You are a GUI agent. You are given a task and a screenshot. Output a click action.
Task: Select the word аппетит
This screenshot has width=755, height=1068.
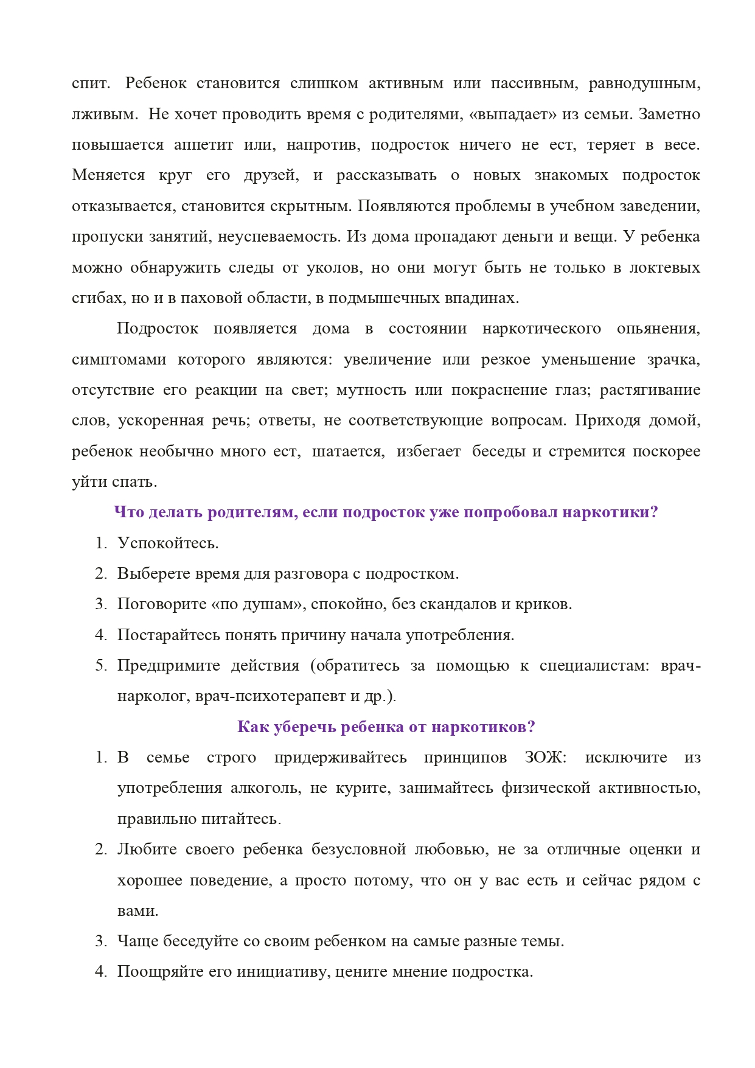(203, 145)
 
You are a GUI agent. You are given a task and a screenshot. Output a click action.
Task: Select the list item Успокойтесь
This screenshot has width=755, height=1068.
(168, 543)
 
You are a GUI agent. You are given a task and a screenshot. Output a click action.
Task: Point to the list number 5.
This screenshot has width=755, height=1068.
(100, 666)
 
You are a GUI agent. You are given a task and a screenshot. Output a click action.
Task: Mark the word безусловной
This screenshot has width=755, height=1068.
(358, 850)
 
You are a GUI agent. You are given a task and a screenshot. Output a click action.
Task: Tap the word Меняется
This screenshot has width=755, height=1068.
(108, 176)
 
